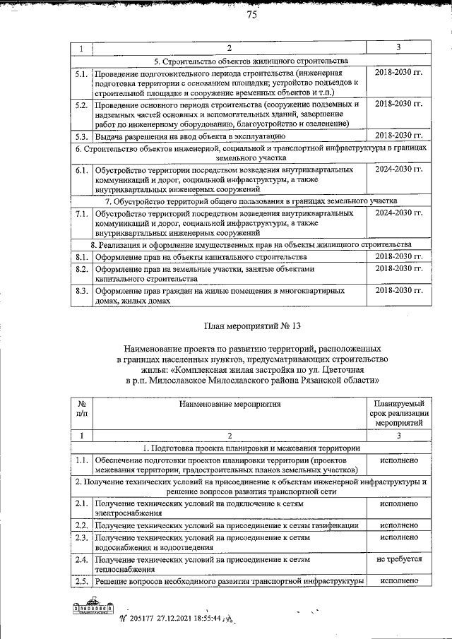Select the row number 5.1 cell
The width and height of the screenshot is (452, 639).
[x=81, y=73]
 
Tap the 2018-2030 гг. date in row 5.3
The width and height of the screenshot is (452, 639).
[x=398, y=135]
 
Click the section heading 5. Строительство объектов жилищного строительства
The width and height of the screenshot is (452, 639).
[x=251, y=60]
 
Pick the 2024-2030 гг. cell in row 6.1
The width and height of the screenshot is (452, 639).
[x=398, y=170]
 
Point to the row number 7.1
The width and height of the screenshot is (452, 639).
[x=81, y=213]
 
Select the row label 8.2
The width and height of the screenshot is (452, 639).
[x=81, y=269]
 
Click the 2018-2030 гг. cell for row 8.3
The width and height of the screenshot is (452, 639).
[x=398, y=290]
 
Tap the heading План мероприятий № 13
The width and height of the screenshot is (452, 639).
[x=251, y=326]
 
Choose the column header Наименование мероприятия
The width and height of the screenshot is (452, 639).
[x=230, y=405]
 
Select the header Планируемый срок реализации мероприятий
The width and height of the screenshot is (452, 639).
[x=399, y=413]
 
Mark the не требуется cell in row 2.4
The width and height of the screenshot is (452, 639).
[x=399, y=559]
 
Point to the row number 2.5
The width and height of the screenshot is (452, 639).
[x=81, y=580]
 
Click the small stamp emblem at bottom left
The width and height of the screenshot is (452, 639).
[x=92, y=608]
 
